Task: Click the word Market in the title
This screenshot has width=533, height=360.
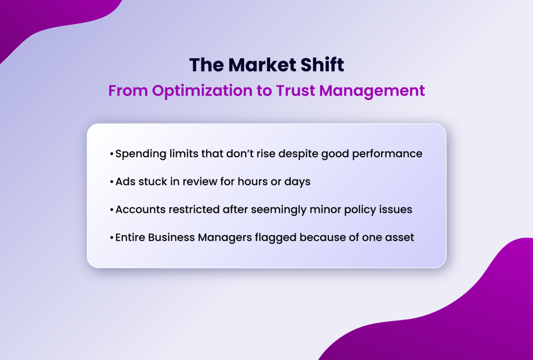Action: click(x=259, y=65)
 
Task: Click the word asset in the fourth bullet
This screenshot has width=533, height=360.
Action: click(x=400, y=238)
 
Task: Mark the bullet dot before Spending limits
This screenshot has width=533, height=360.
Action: click(x=112, y=155)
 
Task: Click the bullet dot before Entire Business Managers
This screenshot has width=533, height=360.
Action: click(x=112, y=238)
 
